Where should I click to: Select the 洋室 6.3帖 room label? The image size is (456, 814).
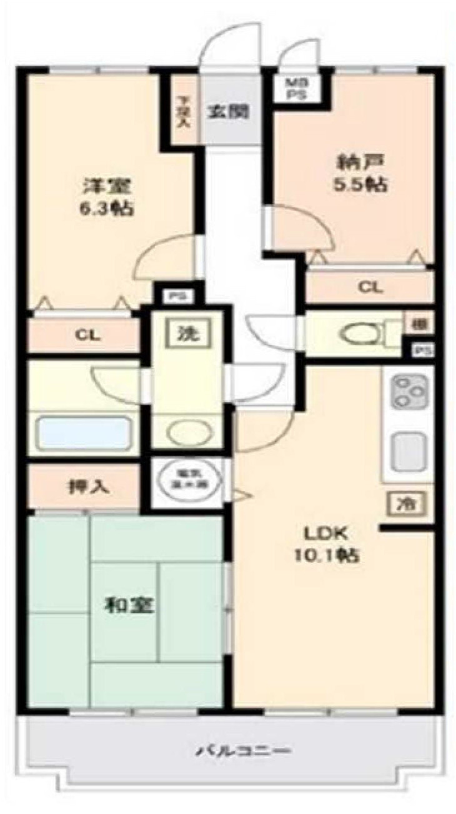[x=108, y=197]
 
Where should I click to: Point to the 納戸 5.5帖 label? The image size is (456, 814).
[x=360, y=173]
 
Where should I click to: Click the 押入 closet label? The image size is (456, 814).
[x=89, y=487]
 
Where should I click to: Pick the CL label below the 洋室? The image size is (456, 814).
[x=87, y=334]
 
